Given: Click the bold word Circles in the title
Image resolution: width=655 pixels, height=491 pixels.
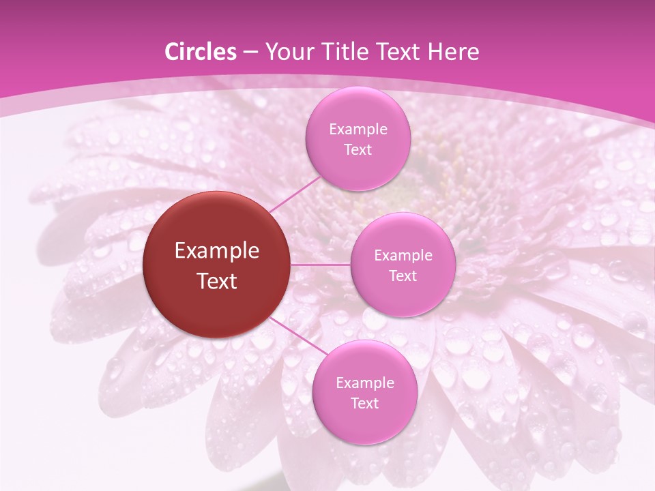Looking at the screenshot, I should (200, 52).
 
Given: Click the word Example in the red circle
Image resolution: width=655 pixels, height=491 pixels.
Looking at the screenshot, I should (217, 251).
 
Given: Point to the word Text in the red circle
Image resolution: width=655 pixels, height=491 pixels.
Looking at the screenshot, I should (217, 281).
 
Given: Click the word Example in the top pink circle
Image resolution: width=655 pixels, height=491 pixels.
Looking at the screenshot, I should (358, 130).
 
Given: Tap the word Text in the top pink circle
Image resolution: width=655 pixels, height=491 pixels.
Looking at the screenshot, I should (358, 149).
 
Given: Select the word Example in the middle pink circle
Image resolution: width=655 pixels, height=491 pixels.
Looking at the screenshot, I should (403, 256).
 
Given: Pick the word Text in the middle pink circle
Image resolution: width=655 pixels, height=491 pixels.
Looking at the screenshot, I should (403, 276).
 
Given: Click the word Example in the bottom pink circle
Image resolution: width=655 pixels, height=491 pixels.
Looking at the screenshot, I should (364, 383).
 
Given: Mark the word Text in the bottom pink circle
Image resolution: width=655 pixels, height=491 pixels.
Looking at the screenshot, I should (364, 403).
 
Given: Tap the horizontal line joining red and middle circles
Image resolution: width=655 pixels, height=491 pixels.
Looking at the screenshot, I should (321, 265).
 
